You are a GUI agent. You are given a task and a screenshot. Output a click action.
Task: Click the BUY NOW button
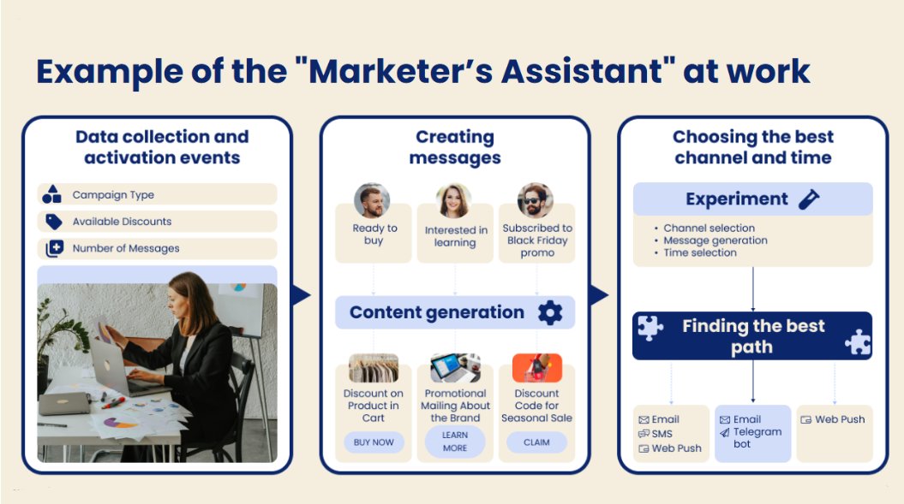[374, 442]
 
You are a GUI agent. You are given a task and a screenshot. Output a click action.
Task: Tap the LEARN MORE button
[455, 442]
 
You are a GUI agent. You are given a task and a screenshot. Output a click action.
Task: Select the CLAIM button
[536, 442]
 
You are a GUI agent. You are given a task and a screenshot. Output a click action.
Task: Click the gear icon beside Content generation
[550, 313]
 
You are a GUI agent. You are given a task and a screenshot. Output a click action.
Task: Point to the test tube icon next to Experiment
[809, 199]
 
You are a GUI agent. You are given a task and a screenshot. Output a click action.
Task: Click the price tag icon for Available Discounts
[54, 222]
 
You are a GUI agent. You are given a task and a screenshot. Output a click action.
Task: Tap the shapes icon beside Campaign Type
[52, 195]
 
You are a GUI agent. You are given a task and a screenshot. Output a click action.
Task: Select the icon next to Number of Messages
[55, 248]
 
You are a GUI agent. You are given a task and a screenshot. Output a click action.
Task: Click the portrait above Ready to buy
[372, 200]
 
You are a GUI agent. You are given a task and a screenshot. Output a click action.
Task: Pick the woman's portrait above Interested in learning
[454, 201]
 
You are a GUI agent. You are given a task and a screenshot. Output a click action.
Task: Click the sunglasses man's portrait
[535, 200]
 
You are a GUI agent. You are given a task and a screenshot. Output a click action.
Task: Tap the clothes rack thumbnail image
[374, 368]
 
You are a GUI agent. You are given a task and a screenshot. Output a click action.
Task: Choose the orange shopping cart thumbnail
[536, 368]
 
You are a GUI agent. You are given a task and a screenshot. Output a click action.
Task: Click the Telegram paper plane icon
[725, 433]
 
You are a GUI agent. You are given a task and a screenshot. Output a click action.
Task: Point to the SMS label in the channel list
[662, 434]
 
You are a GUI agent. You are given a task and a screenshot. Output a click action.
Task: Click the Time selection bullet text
[700, 253]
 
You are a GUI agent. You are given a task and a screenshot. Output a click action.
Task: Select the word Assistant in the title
[583, 71]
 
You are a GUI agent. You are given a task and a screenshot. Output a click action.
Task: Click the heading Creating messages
[455, 147]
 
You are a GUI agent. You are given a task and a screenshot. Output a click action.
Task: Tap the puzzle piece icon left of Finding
[650, 329]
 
